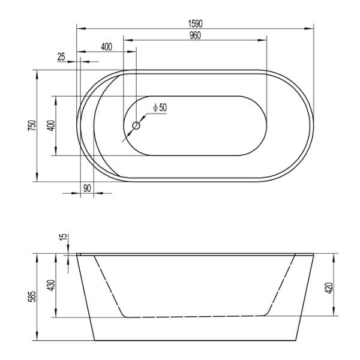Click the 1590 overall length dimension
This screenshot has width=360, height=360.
tap(195, 23)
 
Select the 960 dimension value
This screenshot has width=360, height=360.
tap(194, 35)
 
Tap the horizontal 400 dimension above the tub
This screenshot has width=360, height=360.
tap(107, 47)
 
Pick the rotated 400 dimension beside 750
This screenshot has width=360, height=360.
tap(51, 125)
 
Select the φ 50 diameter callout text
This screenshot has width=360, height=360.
tap(160, 107)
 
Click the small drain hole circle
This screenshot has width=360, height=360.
tap(136, 126)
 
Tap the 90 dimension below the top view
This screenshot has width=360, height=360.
tap(87, 188)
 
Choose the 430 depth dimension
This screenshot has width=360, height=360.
tap(51, 285)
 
